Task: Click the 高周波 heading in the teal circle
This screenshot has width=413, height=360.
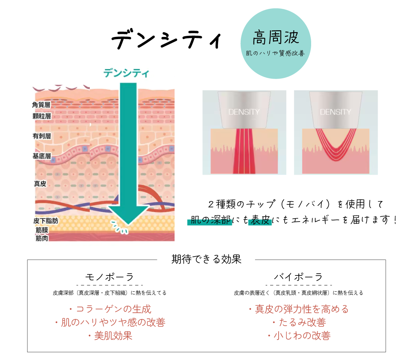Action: [x=275, y=37]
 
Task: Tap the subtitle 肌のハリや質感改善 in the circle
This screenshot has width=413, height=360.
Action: [x=275, y=53]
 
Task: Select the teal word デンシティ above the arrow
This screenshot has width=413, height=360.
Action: [x=126, y=73]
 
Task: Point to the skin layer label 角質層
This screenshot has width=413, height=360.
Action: [x=41, y=105]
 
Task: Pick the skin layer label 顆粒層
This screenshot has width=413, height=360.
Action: [x=41, y=116]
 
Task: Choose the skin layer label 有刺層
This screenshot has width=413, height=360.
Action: [x=41, y=136]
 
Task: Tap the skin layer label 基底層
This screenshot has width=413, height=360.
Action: [x=41, y=156]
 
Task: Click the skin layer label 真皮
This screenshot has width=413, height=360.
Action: [x=40, y=184]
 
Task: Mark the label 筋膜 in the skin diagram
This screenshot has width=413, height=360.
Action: [x=42, y=230]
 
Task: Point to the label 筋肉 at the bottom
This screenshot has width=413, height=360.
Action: [x=42, y=238]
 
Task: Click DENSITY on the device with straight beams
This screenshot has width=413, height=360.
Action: [x=244, y=112]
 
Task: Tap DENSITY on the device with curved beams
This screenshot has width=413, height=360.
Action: [x=335, y=112]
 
